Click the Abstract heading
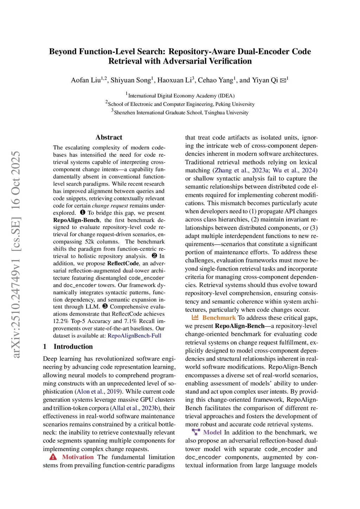pyautogui.click(x=109, y=137)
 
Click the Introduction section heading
pyautogui.click(x=73, y=347)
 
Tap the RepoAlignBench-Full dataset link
pyautogui.click(x=134, y=336)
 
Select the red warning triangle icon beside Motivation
pyautogui.click(x=53, y=457)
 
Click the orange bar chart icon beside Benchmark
pyautogui.click(x=195, y=317)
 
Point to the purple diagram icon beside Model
pyautogui.click(x=196, y=432)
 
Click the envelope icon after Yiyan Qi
pyautogui.click(x=283, y=80)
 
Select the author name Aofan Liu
pyautogui.click(x=86, y=80)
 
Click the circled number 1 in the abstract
pyautogui.click(x=83, y=212)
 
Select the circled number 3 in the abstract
pyautogui.click(x=105, y=307)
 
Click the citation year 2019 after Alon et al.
pyautogui.click(x=114, y=392)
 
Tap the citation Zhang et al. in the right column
pyautogui.click(x=231, y=170)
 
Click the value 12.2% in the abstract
pyautogui.click(x=61, y=321)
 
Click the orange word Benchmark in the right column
pyautogui.click(x=219, y=318)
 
